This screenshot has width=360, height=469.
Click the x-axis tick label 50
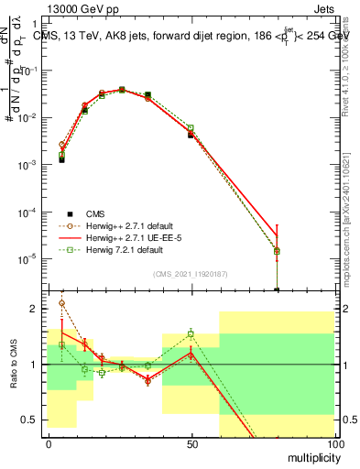click(x=191, y=442)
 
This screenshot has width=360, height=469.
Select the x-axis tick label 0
click(x=49, y=442)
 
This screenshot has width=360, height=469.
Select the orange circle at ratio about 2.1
click(x=61, y=303)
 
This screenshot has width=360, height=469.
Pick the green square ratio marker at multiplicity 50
click(x=191, y=333)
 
